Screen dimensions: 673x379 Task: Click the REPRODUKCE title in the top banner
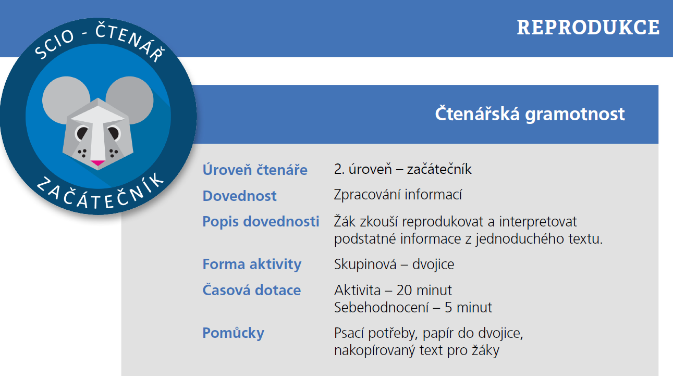click(588, 27)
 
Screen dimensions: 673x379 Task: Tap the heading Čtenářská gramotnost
click(530, 113)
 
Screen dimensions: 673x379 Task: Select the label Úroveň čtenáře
click(255, 169)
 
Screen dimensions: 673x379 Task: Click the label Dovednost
click(239, 196)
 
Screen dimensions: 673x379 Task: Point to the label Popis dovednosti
click(261, 221)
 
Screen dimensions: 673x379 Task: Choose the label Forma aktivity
click(252, 264)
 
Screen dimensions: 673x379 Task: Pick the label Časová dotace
click(252, 290)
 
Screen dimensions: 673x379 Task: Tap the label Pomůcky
click(234, 333)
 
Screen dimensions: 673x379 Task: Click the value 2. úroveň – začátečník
click(402, 169)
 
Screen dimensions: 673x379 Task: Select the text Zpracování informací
click(398, 195)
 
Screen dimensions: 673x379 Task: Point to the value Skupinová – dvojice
click(394, 264)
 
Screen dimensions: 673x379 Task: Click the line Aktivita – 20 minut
click(393, 290)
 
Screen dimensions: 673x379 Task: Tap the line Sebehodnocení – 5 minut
click(413, 307)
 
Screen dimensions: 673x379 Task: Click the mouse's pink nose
click(97, 162)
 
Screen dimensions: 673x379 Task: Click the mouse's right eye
click(114, 133)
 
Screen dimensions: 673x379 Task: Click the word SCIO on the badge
click(54, 44)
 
